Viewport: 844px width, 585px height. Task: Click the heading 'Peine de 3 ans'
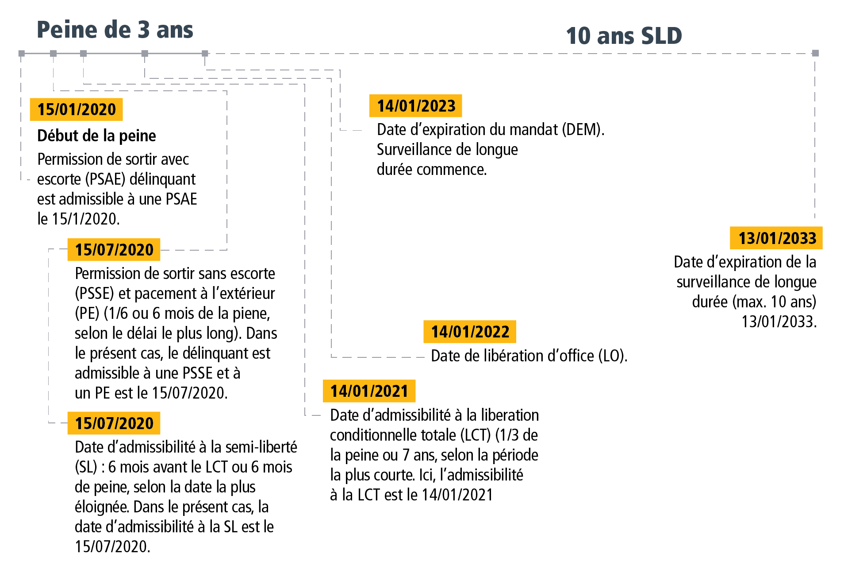pyautogui.click(x=115, y=30)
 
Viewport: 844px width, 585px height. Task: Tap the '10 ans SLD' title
pyautogui.click(x=623, y=36)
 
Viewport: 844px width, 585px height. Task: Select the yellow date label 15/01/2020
pyautogui.click(x=76, y=109)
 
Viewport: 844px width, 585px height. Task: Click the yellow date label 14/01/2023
pyautogui.click(x=416, y=106)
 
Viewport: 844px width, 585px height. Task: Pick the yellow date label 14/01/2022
pyautogui.click(x=470, y=332)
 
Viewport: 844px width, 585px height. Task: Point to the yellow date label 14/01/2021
pyautogui.click(x=369, y=391)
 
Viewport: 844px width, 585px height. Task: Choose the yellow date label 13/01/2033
pyautogui.click(x=776, y=238)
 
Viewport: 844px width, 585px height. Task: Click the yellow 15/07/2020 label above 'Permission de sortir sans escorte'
pyautogui.click(x=114, y=250)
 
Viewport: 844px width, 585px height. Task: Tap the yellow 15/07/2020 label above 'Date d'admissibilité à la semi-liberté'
pyautogui.click(x=114, y=423)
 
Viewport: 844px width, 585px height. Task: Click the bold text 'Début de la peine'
pyautogui.click(x=96, y=136)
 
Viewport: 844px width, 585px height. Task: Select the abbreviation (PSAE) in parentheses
pyautogui.click(x=105, y=179)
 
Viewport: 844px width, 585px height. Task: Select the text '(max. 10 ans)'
pyautogui.click(x=775, y=302)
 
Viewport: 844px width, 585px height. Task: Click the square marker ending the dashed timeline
pyautogui.click(x=815, y=53)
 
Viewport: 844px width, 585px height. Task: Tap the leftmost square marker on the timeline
pyautogui.click(x=21, y=53)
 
